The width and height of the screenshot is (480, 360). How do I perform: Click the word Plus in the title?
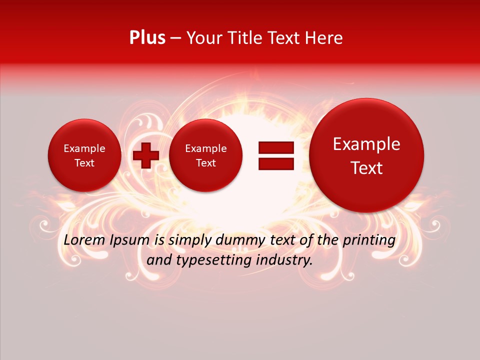pos(147,38)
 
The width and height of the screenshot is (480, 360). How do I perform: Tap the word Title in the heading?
pos(242,38)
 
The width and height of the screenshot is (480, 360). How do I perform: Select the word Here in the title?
pos(324,38)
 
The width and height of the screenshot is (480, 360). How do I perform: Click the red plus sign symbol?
pos(145,155)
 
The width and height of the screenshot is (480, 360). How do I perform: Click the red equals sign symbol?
pos(276,155)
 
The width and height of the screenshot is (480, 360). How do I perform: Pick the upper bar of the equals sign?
pos(276,147)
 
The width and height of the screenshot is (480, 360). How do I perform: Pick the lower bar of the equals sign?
pos(276,164)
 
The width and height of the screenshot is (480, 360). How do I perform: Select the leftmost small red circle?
pos(84,155)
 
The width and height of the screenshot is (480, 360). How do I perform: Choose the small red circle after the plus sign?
pos(205,155)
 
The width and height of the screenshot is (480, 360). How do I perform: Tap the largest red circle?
pos(366,155)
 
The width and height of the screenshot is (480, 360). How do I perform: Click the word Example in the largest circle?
pos(366,144)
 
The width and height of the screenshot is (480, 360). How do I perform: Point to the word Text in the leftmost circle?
pos(84,163)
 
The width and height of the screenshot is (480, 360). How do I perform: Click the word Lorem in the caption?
pos(85,240)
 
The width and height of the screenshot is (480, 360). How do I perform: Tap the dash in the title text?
pos(175,38)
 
